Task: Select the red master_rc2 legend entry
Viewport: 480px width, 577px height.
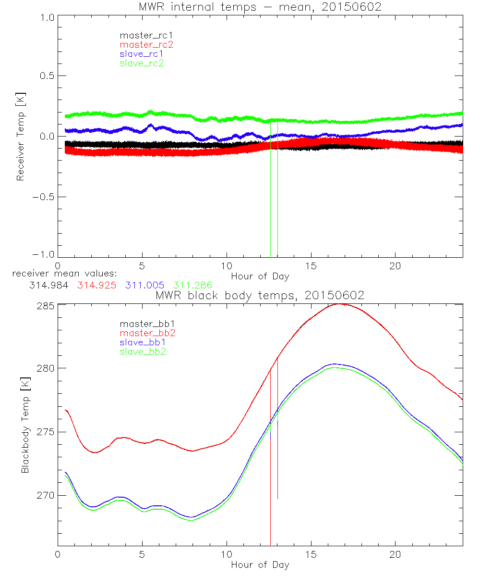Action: click(x=146, y=44)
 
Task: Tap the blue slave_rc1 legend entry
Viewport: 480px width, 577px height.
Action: click(x=142, y=53)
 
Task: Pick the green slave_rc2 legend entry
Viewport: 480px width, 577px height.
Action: click(x=142, y=63)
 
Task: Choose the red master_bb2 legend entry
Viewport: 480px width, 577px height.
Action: click(x=146, y=333)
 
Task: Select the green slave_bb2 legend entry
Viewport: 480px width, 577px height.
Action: click(x=143, y=352)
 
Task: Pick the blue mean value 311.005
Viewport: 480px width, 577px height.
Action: click(x=144, y=285)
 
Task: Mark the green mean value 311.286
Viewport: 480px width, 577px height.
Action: click(x=192, y=285)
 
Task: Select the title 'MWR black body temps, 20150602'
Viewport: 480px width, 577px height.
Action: click(x=260, y=295)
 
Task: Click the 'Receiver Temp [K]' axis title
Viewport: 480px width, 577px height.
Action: click(x=20, y=136)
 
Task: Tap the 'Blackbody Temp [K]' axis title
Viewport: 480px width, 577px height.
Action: click(x=25, y=425)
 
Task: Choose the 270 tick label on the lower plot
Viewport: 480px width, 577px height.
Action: click(x=46, y=495)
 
